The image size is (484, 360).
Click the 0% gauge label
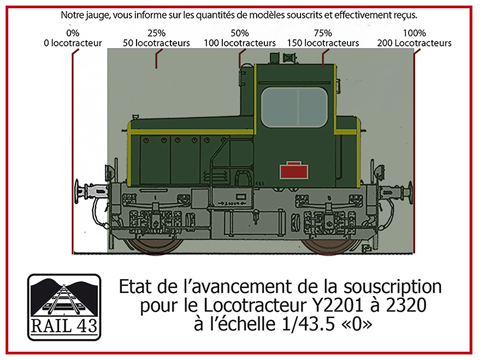pos(73,33)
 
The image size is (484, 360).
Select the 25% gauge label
pos(156,33)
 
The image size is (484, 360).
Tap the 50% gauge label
pos(239,33)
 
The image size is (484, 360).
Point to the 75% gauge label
pos(323,33)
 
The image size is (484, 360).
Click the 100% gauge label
pos(414,33)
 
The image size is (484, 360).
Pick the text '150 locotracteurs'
pos(323,43)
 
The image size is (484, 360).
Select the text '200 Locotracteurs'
pos(414,43)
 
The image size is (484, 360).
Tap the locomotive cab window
pos(294,107)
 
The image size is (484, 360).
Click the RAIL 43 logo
pos(64,307)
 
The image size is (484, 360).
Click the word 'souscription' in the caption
pos(393,287)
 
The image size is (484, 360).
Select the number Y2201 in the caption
pos(338,305)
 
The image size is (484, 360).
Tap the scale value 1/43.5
pos(308,324)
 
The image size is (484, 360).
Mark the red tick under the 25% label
pos(157,58)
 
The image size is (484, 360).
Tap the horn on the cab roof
pos(290,58)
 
